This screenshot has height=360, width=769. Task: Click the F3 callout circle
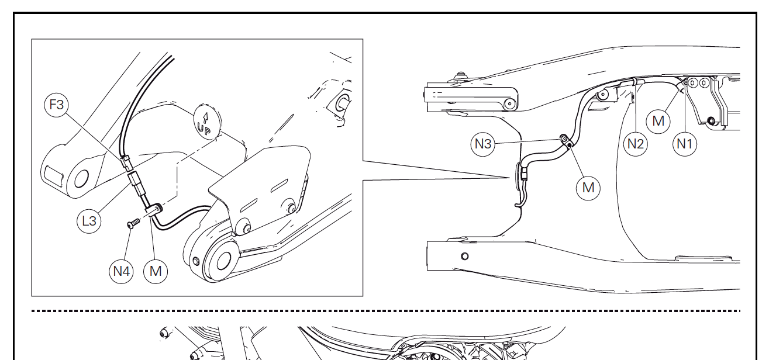(x=57, y=105)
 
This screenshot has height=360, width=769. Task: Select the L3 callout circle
(x=89, y=221)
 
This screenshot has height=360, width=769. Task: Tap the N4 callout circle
(x=121, y=271)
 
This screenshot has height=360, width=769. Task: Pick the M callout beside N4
(x=156, y=271)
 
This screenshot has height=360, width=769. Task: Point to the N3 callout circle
(x=482, y=144)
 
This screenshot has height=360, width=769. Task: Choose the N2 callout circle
(x=636, y=144)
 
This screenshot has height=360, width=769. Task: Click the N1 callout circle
(x=685, y=144)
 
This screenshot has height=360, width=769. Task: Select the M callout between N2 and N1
(x=658, y=121)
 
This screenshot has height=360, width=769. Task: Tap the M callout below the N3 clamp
(x=588, y=188)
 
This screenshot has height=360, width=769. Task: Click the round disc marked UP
(x=208, y=121)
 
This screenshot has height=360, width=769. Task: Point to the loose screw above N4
(x=133, y=223)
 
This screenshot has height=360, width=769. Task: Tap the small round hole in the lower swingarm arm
(x=464, y=257)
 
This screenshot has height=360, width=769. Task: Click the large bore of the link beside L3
(x=81, y=179)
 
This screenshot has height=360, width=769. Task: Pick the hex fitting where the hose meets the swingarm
(x=524, y=174)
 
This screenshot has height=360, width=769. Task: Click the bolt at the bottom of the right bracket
(x=711, y=121)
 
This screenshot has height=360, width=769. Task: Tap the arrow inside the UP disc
(x=206, y=118)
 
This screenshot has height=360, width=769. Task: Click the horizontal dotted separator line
(x=386, y=311)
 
